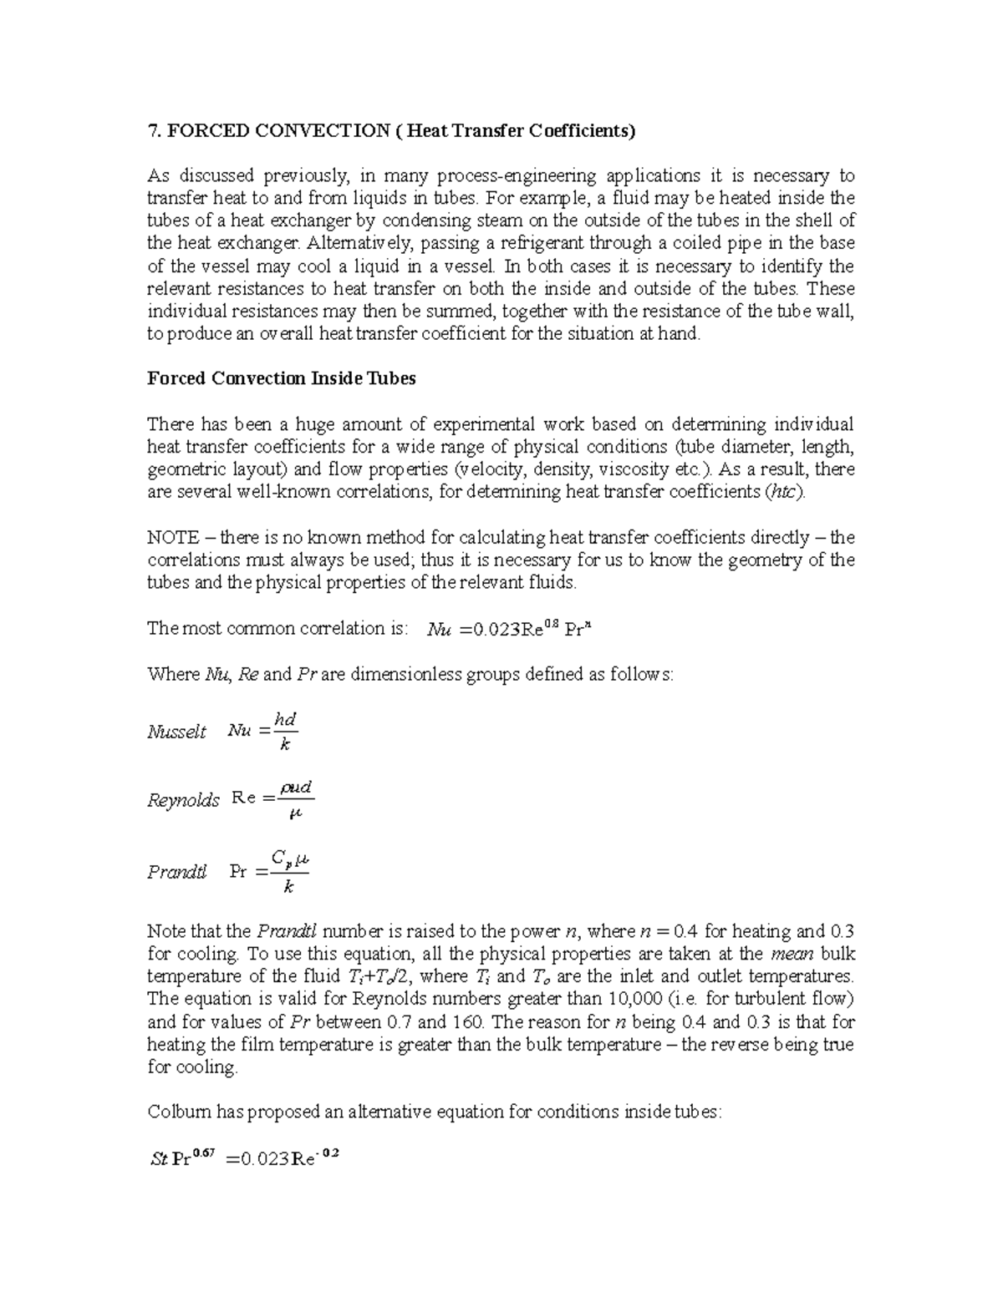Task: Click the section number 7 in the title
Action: click(x=151, y=130)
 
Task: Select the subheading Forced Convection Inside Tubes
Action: click(x=281, y=378)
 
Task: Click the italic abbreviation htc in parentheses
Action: click(x=785, y=492)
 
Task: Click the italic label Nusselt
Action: click(x=176, y=732)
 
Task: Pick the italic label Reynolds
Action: click(x=183, y=800)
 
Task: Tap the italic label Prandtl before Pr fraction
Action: click(x=176, y=872)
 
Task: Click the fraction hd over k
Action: click(x=285, y=732)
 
